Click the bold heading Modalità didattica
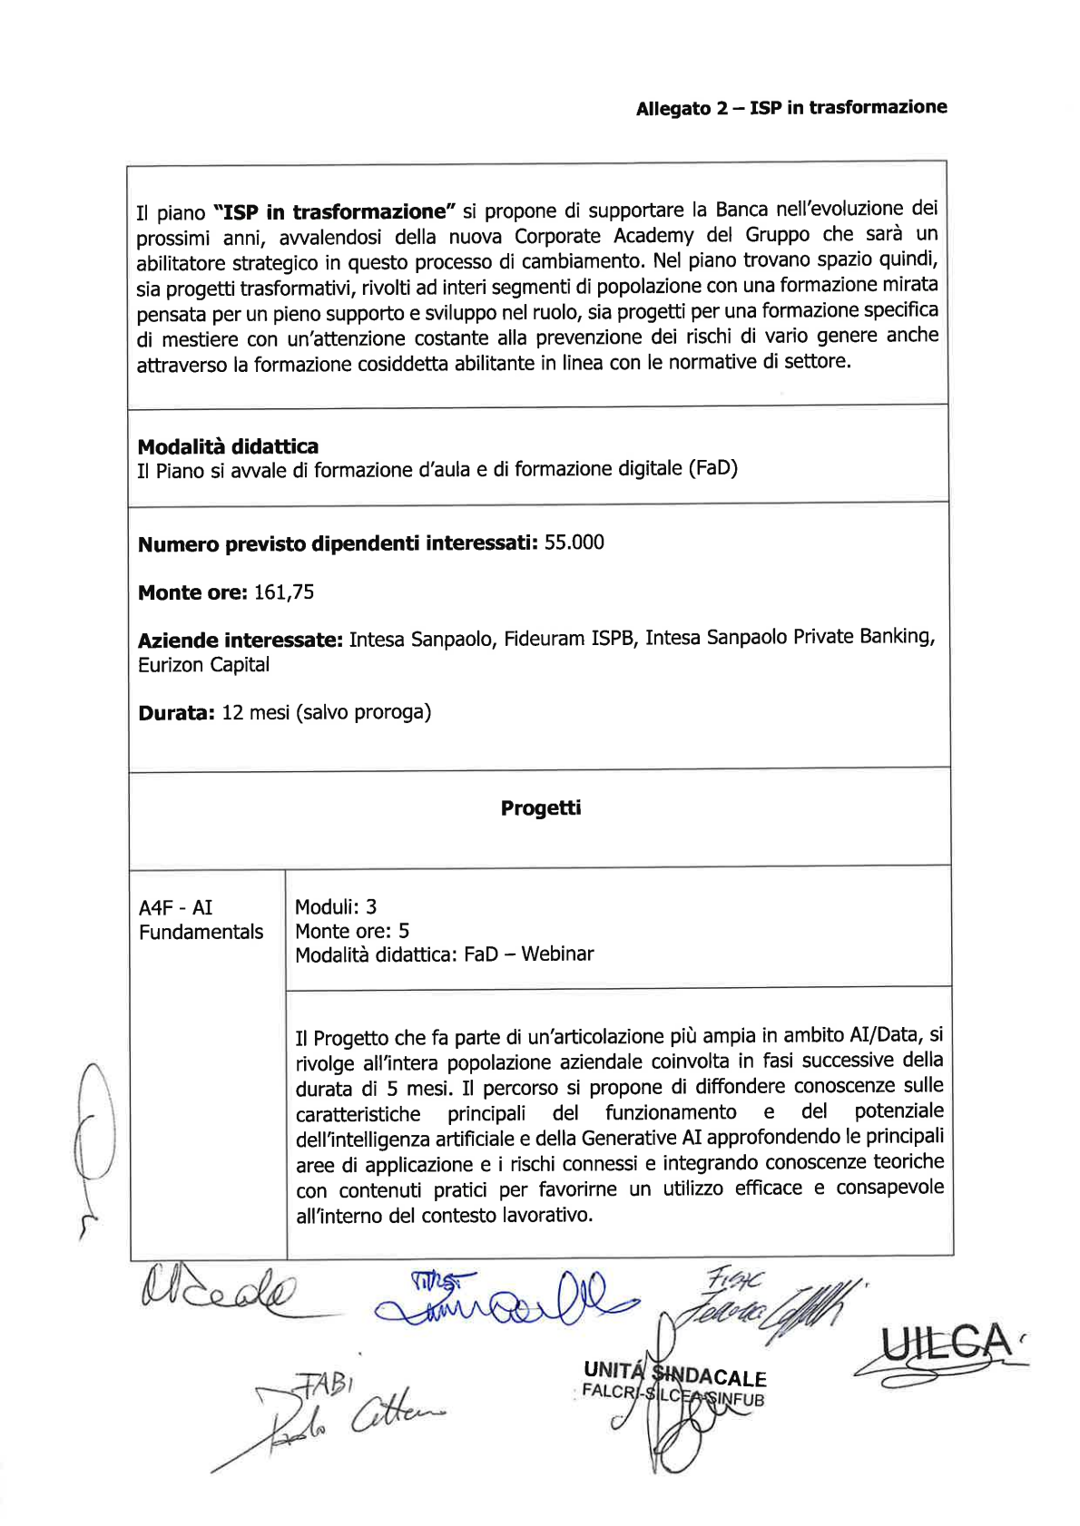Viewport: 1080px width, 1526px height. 228,446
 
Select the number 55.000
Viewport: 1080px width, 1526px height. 574,543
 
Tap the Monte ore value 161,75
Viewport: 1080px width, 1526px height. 284,592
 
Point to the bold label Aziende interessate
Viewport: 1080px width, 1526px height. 240,641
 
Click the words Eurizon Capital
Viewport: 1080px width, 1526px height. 203,665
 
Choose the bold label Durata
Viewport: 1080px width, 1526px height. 176,713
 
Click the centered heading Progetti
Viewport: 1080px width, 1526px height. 540,807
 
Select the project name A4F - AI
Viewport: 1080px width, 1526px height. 175,907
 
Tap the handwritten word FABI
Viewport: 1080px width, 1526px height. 322,1383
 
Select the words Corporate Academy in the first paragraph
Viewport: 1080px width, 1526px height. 604,237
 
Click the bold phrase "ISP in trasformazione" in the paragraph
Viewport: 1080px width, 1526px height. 334,212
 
